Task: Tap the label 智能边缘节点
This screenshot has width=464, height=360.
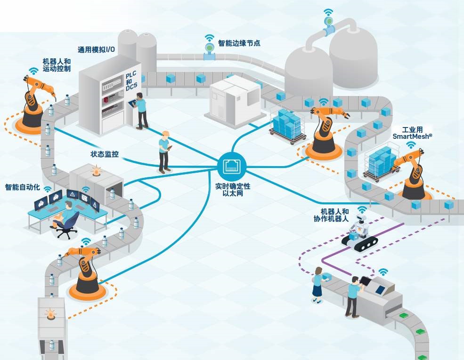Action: click(x=239, y=43)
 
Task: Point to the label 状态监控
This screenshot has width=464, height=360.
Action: click(x=105, y=154)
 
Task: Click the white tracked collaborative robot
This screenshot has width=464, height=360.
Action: click(x=361, y=232)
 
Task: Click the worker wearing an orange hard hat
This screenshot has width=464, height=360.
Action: click(x=164, y=151)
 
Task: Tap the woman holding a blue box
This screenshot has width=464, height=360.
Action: click(x=318, y=285)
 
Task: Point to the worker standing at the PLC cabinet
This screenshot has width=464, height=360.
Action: click(x=141, y=110)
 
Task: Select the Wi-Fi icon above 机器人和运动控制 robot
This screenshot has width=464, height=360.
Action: click(x=33, y=71)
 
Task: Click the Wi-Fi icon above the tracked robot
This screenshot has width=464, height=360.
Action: click(x=362, y=209)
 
